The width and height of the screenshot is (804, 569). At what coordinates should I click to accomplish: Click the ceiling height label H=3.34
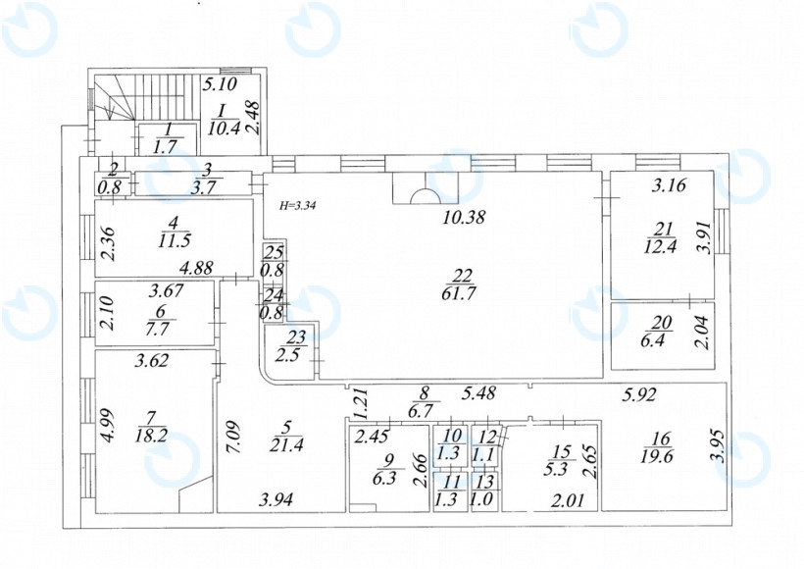[298, 206]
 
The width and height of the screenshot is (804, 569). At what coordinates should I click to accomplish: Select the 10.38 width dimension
[464, 217]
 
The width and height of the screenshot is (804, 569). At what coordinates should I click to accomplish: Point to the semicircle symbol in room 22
[426, 197]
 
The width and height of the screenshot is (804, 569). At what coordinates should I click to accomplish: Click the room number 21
[663, 229]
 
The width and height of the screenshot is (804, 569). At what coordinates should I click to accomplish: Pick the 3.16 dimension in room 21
[669, 184]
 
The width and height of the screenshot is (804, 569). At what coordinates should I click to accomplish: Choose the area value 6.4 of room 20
[653, 340]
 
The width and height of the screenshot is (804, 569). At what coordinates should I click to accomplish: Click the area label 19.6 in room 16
[657, 456]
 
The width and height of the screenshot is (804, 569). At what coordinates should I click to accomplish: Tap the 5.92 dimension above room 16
[640, 394]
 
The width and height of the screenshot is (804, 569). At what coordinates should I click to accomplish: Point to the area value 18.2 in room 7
[151, 437]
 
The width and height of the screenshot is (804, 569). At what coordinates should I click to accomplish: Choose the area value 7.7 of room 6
[157, 329]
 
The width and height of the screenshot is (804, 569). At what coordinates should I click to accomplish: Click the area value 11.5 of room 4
[175, 240]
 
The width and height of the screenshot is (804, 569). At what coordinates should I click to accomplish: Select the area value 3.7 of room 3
[203, 187]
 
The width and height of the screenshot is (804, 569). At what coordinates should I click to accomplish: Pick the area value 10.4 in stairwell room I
[225, 128]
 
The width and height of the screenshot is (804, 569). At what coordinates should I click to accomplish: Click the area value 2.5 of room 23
[287, 354]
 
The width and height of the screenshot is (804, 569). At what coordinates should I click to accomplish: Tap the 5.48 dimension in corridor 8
[478, 393]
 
